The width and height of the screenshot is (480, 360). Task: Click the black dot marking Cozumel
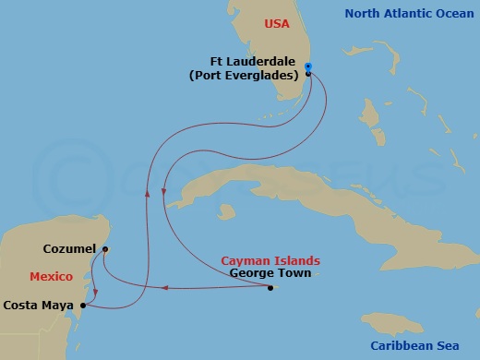click(x=105, y=249)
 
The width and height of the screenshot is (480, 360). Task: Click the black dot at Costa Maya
click(x=83, y=305)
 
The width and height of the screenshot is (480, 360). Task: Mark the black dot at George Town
click(x=270, y=288)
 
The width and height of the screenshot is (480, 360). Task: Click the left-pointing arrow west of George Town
click(x=162, y=287)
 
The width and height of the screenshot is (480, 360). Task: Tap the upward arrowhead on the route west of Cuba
click(x=148, y=192)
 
